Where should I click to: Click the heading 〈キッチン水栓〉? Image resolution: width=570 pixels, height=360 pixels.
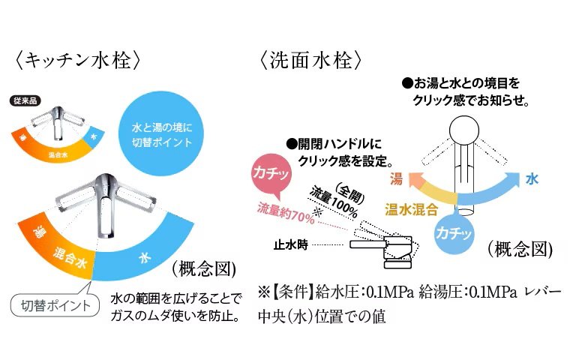click(74, 60)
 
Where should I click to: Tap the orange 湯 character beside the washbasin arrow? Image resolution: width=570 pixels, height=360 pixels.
click(397, 178)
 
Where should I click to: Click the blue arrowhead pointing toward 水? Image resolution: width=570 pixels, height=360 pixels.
click(512, 180)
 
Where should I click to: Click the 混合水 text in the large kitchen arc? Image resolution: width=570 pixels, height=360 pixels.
click(73, 259)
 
